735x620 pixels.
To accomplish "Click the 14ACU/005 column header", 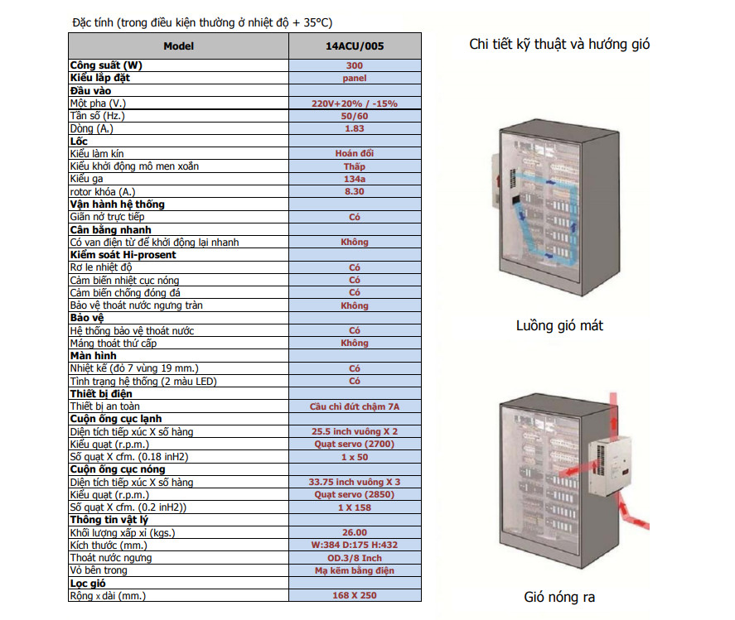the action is tap(355, 46).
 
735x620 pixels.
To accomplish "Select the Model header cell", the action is tap(179, 46).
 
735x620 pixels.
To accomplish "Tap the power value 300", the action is tap(355, 65).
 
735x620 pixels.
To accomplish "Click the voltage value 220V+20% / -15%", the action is tap(355, 103).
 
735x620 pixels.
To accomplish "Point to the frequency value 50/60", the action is tap(355, 116).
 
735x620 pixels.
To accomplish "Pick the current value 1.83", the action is tap(355, 128).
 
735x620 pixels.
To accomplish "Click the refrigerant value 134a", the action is tap(355, 179).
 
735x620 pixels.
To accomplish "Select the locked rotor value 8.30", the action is tap(355, 191).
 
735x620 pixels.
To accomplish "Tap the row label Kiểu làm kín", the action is tap(97, 154).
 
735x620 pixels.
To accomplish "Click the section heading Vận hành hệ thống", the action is tap(117, 204).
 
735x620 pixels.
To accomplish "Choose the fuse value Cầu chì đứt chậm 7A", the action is tap(355, 406).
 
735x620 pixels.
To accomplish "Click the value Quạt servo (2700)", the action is tap(355, 444).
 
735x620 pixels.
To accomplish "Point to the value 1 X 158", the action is tap(355, 507).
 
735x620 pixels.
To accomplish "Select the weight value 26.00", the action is tap(355, 532).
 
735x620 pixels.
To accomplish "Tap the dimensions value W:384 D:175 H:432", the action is tap(355, 545).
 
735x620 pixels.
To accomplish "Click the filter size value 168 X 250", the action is tap(355, 595).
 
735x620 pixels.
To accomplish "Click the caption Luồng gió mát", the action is tap(559, 325).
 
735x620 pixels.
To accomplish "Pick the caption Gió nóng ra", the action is tap(559, 597).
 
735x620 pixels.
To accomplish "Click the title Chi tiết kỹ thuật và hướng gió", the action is tap(559, 44).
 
